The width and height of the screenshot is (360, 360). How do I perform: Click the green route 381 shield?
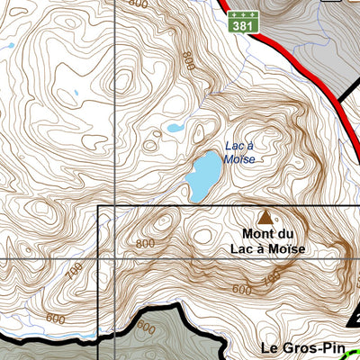pyautogui.click(x=241, y=22)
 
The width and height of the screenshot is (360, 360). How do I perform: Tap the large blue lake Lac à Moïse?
pyautogui.click(x=202, y=175)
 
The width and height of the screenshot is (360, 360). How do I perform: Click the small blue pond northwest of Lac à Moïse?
pyautogui.click(x=174, y=129)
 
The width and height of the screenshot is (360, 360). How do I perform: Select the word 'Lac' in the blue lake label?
pyautogui.click(x=234, y=146)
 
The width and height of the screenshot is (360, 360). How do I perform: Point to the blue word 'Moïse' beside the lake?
pyautogui.click(x=239, y=159)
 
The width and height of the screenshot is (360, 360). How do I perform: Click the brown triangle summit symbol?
pyautogui.click(x=265, y=217)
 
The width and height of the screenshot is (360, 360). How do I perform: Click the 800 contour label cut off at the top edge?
pyautogui.click(x=137, y=4)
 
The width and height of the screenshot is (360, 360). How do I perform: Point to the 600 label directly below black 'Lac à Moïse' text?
pyautogui.click(x=241, y=290)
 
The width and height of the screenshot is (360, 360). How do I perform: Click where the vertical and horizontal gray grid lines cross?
pyautogui.click(x=115, y=259)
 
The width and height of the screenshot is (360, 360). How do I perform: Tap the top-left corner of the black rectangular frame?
pyautogui.click(x=98, y=206)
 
